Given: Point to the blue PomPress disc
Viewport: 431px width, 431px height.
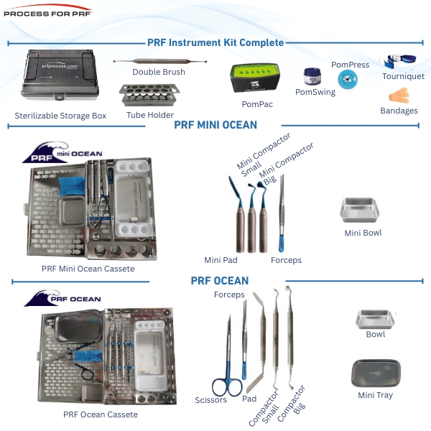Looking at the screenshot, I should [x=348, y=80].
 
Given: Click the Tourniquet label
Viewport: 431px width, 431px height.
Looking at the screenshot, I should [x=402, y=75].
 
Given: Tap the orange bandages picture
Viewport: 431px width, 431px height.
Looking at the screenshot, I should [x=399, y=96].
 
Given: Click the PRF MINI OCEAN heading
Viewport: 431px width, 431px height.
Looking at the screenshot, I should [x=215, y=125].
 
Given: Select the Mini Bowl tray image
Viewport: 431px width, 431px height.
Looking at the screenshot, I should [x=363, y=210].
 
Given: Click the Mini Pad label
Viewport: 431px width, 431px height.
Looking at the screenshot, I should [x=221, y=260].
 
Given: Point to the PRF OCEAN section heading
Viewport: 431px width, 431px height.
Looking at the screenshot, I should [x=220, y=280].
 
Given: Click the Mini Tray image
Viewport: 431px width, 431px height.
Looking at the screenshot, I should [x=375, y=374].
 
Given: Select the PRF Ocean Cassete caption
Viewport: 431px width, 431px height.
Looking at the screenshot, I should [x=100, y=414].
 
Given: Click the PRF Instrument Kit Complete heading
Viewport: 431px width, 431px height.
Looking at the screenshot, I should [x=215, y=42].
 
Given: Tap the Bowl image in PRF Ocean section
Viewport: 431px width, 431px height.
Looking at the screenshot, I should [x=375, y=319].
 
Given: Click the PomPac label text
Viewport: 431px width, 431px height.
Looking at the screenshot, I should [x=256, y=104].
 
